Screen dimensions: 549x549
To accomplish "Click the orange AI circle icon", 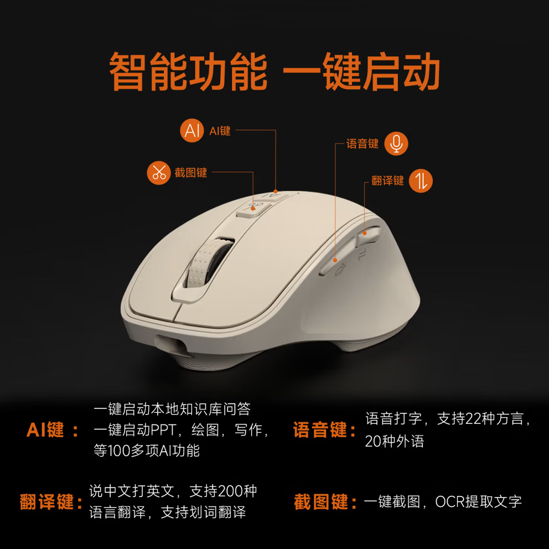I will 192,131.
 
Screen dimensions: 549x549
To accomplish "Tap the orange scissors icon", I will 159,173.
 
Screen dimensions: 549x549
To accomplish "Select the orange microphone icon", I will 396,143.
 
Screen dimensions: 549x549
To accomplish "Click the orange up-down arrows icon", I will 421,181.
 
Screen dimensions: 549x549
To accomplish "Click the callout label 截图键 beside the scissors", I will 191,173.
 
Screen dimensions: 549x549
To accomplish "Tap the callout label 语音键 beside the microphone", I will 362,144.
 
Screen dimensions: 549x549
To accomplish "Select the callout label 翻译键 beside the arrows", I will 387,181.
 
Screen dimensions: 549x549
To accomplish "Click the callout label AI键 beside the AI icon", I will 220,131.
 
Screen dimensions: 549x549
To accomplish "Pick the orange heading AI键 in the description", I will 45,430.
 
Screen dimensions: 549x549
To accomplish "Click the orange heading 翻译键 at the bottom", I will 47,503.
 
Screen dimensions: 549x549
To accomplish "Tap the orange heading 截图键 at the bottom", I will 321,503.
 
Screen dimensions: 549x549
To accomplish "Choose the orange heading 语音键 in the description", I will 320,430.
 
